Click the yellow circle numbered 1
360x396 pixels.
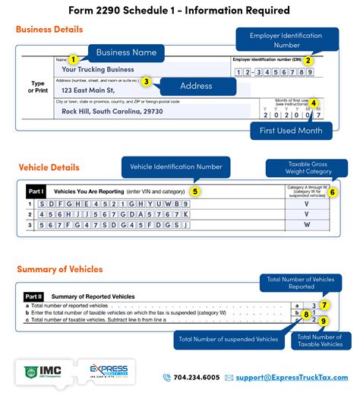(73, 59)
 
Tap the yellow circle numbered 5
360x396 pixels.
(194, 192)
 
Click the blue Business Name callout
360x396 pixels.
(126, 52)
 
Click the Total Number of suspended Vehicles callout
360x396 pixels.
(228, 339)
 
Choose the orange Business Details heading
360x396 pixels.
(49, 30)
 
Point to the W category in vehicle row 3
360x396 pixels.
(306, 225)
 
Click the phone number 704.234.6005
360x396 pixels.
(195, 377)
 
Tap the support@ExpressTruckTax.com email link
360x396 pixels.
(294, 377)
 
